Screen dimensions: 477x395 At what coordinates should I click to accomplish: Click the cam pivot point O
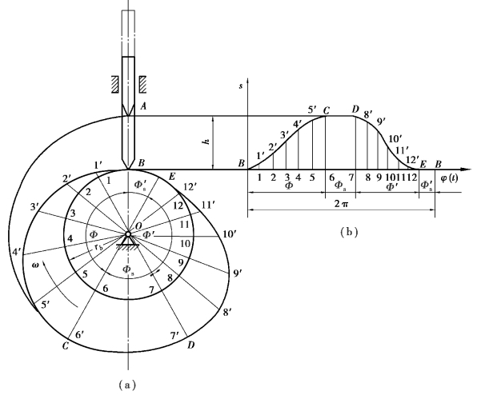coord(128,234)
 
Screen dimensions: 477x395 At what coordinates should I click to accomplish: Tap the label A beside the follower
coord(143,106)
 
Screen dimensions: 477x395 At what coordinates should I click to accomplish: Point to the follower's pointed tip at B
coord(128,169)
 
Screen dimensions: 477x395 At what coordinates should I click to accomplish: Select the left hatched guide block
coord(114,84)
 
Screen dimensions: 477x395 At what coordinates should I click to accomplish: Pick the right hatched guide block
coord(142,84)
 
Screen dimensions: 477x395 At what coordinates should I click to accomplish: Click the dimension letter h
coord(207,142)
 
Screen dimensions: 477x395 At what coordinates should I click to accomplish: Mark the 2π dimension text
coord(341,204)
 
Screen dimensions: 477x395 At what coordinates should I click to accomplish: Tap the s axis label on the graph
coord(241,86)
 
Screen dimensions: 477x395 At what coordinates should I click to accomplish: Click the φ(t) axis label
coord(449,178)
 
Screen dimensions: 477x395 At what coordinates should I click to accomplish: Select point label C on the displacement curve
coord(326,111)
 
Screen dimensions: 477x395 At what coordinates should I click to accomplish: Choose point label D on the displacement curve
coord(355,110)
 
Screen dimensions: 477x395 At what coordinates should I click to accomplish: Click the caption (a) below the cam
coord(127,385)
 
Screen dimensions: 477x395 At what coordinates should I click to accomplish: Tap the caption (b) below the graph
coord(349,232)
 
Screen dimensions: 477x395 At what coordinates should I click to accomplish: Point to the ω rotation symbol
coord(35,265)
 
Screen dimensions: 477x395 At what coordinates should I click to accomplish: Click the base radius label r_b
coord(98,247)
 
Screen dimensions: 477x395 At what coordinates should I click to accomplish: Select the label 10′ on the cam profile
coord(230,234)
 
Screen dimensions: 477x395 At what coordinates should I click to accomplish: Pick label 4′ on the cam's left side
coord(17,252)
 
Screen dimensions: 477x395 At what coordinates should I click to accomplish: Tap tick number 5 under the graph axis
coord(312,178)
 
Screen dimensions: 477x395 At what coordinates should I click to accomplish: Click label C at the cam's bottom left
coord(65,345)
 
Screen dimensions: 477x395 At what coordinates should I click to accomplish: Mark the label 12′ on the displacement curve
coord(412,160)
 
